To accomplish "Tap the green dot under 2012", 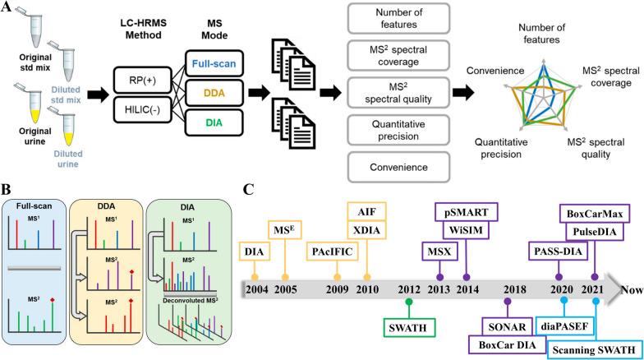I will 408,302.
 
